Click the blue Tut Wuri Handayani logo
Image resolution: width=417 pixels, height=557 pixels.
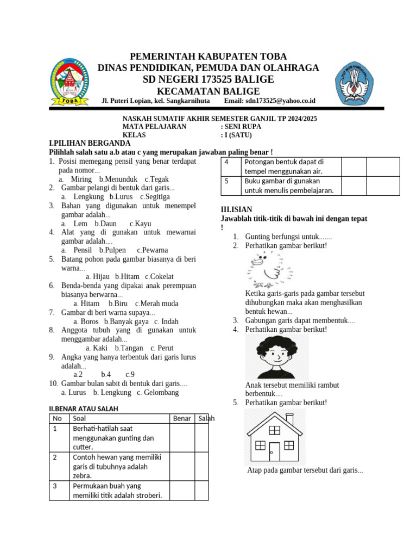coord(353,82)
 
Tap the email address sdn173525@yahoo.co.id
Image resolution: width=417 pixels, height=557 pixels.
coord(280,101)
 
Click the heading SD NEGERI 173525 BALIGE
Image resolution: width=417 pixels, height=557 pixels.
coord(208,80)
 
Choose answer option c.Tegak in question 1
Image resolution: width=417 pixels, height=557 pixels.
coord(157,179)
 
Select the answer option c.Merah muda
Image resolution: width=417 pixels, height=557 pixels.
coord(157,304)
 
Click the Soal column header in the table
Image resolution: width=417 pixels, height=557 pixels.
coord(79,418)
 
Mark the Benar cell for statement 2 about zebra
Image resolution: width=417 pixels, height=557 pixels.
coord(182,466)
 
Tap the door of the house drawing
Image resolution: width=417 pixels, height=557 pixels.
coord(275,451)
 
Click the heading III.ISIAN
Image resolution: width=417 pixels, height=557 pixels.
coord(236,209)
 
